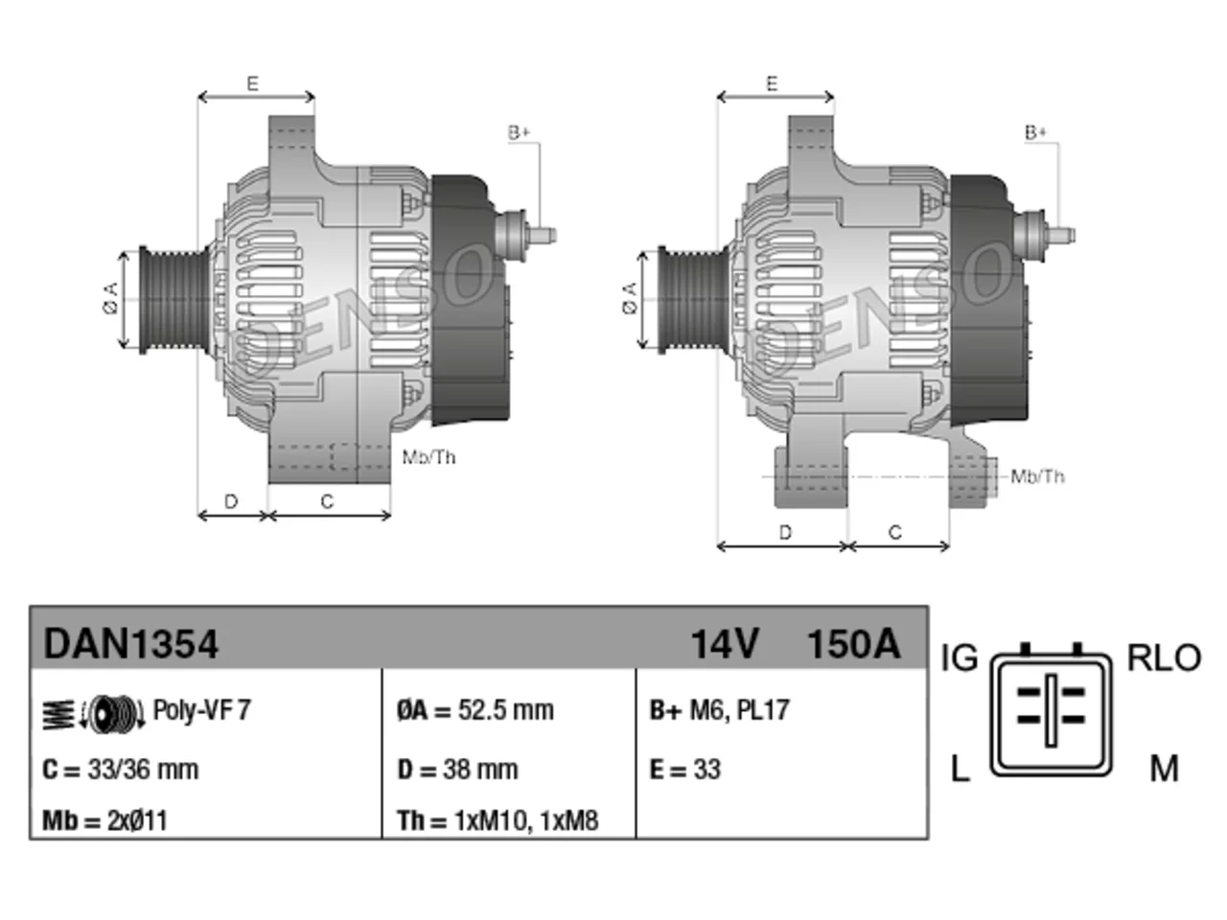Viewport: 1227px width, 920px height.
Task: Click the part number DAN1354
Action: click(130, 644)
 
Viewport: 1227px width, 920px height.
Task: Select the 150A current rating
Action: click(853, 644)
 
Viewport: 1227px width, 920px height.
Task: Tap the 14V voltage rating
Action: click(725, 644)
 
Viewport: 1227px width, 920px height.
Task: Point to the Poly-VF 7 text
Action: click(202, 710)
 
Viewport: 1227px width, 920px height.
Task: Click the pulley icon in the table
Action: click(94, 714)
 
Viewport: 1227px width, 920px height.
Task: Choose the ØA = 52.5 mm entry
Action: click(475, 710)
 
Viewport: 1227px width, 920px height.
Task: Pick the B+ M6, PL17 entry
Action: click(719, 710)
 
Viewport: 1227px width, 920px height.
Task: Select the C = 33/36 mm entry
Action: click(120, 770)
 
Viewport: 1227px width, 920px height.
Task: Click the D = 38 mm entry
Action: click(457, 770)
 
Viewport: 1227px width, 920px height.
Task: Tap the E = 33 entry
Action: click(684, 770)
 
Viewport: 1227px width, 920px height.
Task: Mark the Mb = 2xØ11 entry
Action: click(104, 820)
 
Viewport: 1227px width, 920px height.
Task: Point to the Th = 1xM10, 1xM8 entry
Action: click(498, 820)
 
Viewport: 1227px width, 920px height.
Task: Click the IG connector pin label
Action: click(960, 658)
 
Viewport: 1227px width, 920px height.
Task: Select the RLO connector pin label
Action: click(1164, 658)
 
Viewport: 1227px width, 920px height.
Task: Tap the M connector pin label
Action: click(1164, 770)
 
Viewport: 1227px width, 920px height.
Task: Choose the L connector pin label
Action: click(960, 770)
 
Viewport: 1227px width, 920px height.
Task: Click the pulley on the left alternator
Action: click(174, 300)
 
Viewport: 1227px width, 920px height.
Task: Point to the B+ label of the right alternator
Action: click(1035, 133)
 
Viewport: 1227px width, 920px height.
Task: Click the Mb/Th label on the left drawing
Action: click(428, 457)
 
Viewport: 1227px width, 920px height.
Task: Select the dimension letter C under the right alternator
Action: click(895, 532)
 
